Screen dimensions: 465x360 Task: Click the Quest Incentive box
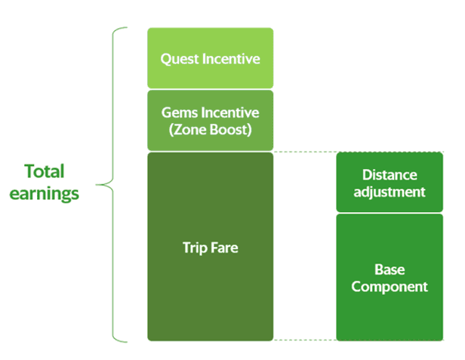coord(211,58)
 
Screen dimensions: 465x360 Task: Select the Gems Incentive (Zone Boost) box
coord(211,121)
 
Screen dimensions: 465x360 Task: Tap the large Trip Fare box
coord(211,247)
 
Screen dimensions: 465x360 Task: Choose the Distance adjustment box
coord(390,183)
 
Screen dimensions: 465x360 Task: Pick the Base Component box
coord(390,278)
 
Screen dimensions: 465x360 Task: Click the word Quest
coord(180,59)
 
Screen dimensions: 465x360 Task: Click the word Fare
coord(224,248)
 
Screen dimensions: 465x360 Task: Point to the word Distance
coord(390,174)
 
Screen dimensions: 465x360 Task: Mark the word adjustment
coord(390,192)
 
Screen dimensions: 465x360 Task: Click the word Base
coord(390,269)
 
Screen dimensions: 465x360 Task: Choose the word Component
coord(390,287)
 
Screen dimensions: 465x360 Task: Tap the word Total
coord(45,171)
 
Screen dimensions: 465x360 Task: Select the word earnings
coord(45,194)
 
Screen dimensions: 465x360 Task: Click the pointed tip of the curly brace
coord(97,185)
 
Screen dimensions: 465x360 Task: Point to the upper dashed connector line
coord(304,152)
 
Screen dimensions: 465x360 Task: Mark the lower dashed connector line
coord(304,340)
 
